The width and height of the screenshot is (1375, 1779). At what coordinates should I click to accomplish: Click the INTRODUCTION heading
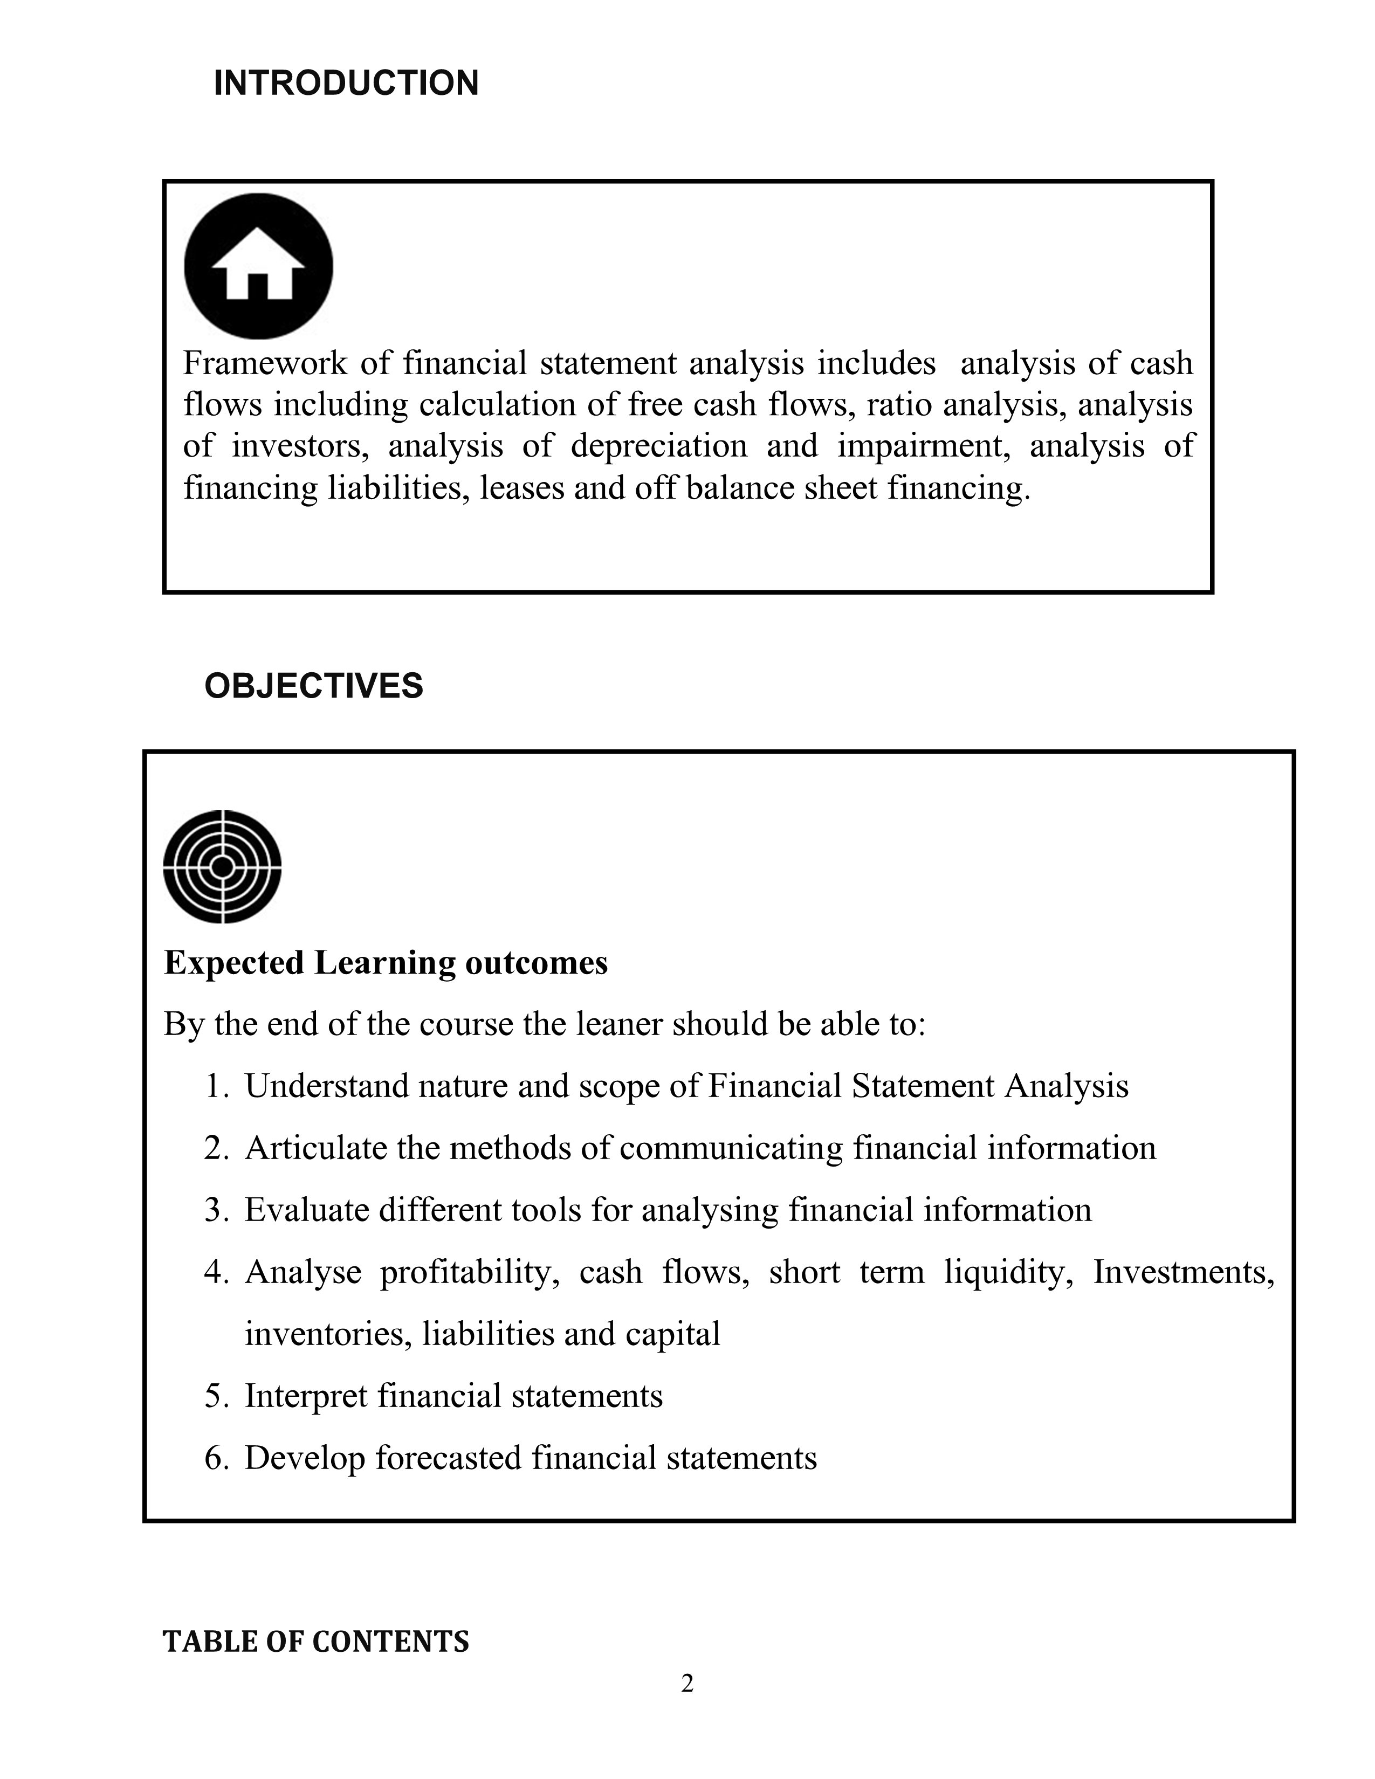click(346, 83)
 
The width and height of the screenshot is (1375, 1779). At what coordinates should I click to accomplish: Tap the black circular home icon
click(258, 266)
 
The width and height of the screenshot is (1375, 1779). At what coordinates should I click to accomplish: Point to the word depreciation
click(658, 446)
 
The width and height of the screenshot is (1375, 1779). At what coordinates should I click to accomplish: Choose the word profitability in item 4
click(469, 1272)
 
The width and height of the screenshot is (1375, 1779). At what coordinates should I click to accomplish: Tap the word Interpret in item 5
click(306, 1395)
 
